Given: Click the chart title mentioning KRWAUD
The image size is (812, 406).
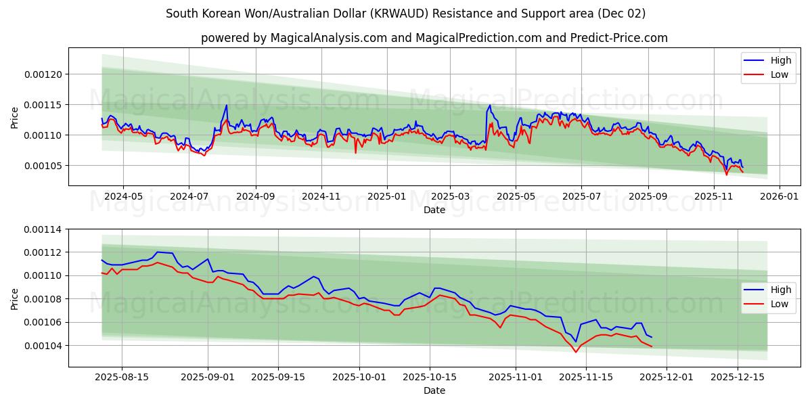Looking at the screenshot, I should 405,14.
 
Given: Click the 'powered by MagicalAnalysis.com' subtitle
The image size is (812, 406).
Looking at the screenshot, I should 434,38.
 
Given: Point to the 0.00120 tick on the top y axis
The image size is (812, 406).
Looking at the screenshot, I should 45,74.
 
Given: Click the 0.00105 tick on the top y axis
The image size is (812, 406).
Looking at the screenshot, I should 45,166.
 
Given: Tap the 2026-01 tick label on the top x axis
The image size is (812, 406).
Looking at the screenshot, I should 779,196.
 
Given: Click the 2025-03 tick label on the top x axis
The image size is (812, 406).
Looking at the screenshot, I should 449,196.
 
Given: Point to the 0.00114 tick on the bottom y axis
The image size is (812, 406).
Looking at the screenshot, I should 45,229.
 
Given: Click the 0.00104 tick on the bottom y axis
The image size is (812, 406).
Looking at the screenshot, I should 45,346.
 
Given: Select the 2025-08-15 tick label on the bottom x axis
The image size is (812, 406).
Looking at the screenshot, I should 122,376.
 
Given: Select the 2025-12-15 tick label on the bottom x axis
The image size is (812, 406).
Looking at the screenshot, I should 736,376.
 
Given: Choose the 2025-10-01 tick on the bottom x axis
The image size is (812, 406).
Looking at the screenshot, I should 359,376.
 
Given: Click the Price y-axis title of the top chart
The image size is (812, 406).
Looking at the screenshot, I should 15,117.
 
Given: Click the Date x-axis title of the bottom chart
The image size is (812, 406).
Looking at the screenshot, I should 434,390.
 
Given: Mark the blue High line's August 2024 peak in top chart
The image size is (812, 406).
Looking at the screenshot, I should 227,105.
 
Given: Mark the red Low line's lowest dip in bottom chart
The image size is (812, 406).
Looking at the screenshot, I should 576,352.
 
